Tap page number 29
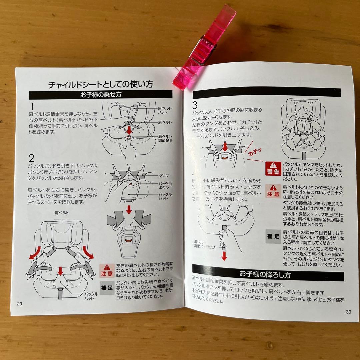pos(20,303)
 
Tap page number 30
pos(348,312)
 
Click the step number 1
pos(32,107)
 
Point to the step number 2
pos(32,158)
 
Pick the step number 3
pos(195,106)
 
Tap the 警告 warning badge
pos(273,169)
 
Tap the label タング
pos(164,175)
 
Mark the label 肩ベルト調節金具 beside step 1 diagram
pos(165,138)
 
